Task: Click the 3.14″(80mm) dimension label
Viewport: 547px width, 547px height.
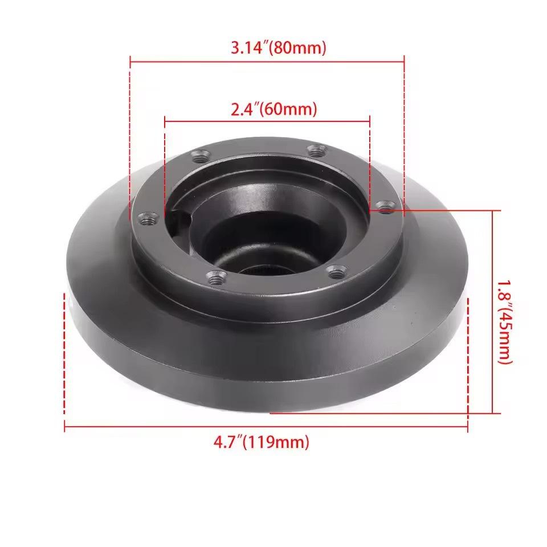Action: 279,48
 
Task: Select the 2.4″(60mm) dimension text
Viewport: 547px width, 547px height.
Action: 273,109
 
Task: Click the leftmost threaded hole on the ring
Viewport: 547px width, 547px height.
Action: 148,218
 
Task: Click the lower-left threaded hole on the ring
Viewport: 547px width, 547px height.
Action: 216,277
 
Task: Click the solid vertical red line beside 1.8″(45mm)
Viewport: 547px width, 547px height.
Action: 492,311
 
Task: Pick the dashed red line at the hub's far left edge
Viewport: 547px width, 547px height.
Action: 64,359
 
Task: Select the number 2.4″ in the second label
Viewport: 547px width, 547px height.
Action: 244,109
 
